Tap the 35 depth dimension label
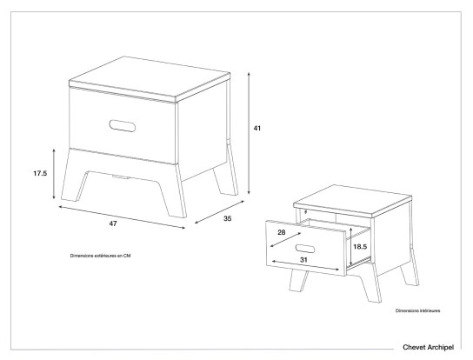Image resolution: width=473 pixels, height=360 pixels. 227,218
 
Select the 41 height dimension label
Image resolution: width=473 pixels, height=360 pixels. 256,128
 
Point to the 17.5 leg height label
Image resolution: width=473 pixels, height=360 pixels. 39,174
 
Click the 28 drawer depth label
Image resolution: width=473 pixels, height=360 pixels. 283,234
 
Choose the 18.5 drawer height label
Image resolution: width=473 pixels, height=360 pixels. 360,247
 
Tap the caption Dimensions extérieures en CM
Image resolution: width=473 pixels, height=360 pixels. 101,256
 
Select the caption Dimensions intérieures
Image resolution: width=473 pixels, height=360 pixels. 417,310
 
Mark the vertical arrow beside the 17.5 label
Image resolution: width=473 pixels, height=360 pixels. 56,174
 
